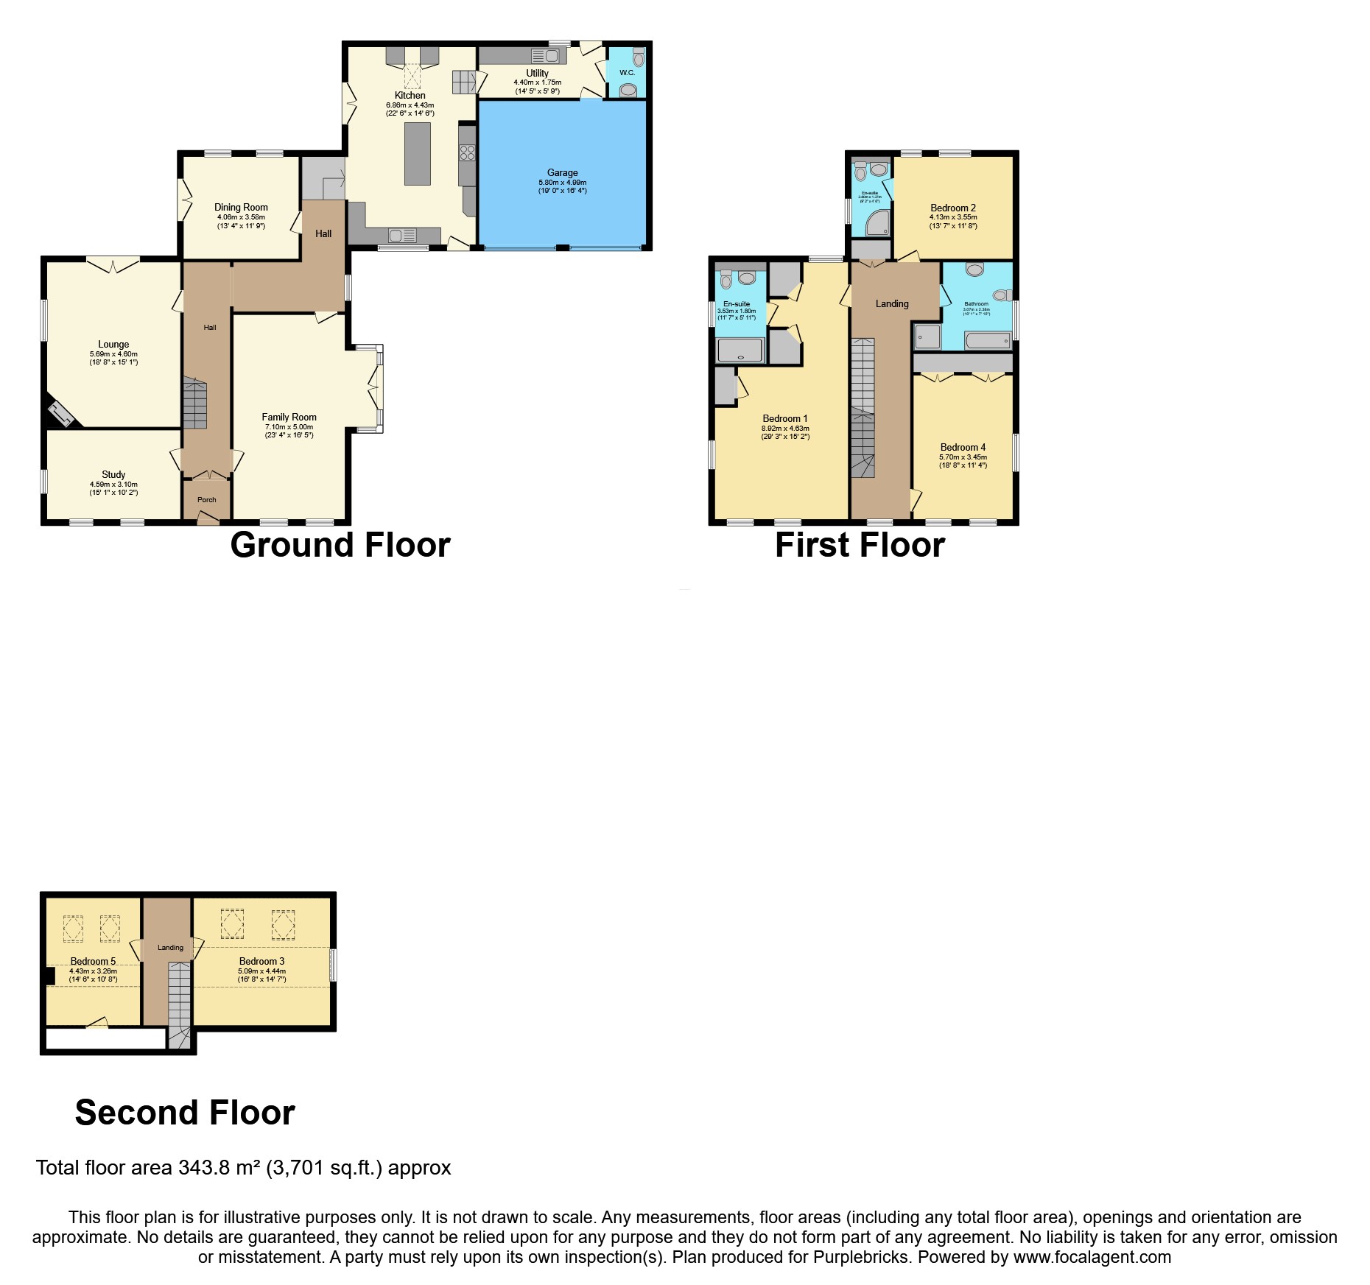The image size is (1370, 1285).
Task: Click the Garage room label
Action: click(562, 173)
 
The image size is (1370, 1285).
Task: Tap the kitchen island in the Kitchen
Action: click(418, 154)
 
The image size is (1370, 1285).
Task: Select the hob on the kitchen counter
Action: click(467, 153)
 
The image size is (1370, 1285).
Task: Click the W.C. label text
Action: click(627, 73)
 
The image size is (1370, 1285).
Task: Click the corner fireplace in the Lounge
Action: click(60, 415)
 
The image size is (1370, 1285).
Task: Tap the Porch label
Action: click(207, 499)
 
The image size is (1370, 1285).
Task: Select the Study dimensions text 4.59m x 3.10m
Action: click(113, 484)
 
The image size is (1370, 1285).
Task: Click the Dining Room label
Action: click(241, 208)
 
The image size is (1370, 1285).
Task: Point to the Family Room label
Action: click(289, 417)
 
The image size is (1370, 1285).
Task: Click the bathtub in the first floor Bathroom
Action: click(986, 341)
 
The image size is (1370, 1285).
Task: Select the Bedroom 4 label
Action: click(963, 447)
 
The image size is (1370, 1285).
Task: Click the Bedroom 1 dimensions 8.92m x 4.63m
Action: click(785, 428)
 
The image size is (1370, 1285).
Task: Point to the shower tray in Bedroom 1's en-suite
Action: click(740, 351)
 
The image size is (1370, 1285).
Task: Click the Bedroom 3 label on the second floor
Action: click(261, 961)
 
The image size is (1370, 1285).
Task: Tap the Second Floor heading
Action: click(185, 1112)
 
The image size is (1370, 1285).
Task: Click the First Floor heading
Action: click(860, 546)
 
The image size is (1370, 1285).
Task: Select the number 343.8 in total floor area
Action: click(203, 1167)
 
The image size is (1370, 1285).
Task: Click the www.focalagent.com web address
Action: click(1092, 1257)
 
